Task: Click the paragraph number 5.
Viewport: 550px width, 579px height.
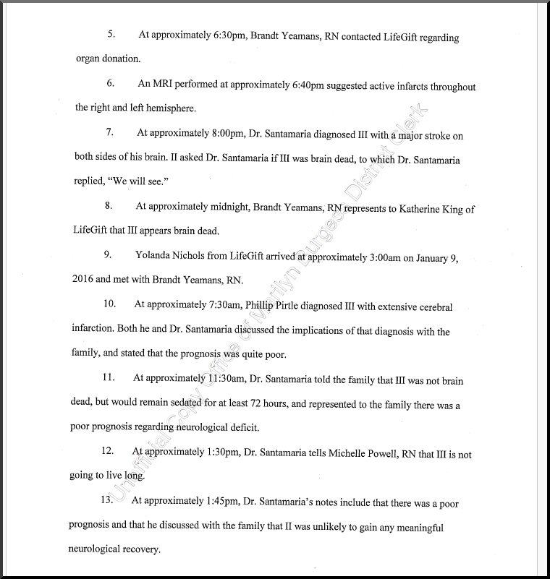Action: pyautogui.click(x=111, y=35)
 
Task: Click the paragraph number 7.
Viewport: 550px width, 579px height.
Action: pyautogui.click(x=109, y=132)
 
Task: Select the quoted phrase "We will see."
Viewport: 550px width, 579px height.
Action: pyautogui.click(x=144, y=181)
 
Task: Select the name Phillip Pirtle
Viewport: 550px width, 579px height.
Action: pyautogui.click(x=253, y=306)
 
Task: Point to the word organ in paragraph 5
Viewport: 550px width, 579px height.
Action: pyautogui.click(x=87, y=59)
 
